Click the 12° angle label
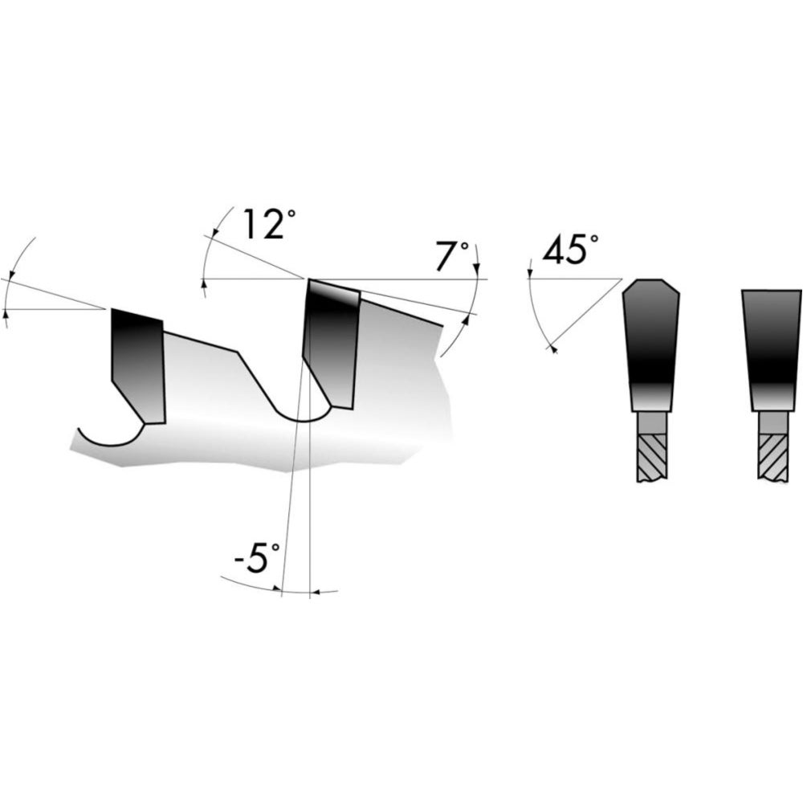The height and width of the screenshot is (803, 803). [x=269, y=224]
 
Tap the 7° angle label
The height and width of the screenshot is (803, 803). [x=452, y=255]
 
